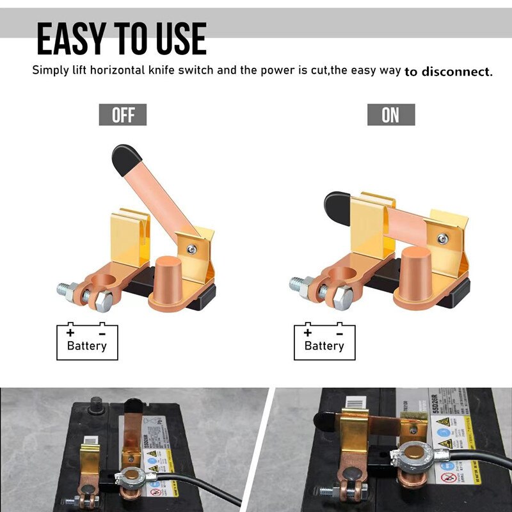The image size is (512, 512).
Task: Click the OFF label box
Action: click(x=122, y=115)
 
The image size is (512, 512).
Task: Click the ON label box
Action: click(x=390, y=115)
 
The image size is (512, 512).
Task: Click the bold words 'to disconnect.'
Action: click(x=449, y=71)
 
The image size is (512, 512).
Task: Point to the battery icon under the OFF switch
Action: click(x=87, y=341)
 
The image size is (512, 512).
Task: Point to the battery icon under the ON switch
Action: click(x=324, y=341)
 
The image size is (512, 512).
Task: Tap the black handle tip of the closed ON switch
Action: click(x=336, y=207)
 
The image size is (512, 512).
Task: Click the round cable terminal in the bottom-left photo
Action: click(x=132, y=477)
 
